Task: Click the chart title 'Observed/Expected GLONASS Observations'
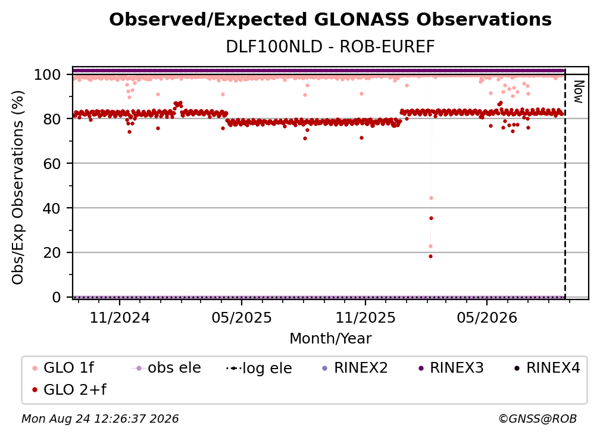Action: click(330, 20)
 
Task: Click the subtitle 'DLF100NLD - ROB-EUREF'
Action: click(330, 46)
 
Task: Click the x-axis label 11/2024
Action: click(120, 317)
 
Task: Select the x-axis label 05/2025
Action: click(242, 317)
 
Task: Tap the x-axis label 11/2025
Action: click(365, 317)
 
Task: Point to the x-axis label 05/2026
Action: click(487, 317)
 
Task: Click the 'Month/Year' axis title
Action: click(330, 339)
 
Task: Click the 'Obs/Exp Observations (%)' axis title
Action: click(18, 188)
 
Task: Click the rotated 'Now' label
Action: click(579, 92)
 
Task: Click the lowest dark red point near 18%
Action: click(430, 257)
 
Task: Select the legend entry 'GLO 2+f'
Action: click(69, 389)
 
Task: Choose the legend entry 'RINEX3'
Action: click(452, 368)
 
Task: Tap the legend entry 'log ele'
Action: click(259, 368)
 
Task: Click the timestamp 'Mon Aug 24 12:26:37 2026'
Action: click(100, 419)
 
